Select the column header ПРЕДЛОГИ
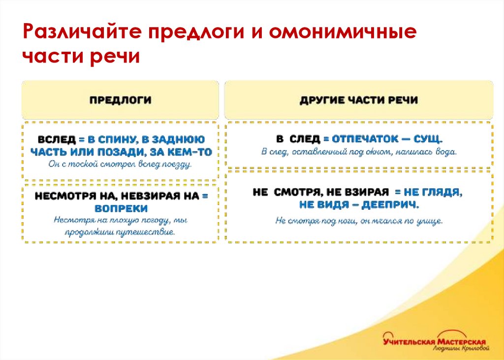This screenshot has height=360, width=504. click(120, 100)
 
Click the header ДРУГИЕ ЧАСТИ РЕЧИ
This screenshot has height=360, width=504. click(359, 100)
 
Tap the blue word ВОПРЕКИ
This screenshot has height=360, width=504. click(121, 208)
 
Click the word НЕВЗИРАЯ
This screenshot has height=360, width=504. click(150, 196)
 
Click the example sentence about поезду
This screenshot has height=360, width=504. click(121, 164)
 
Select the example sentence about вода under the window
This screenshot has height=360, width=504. click(359, 152)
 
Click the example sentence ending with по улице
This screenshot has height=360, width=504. click(359, 221)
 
